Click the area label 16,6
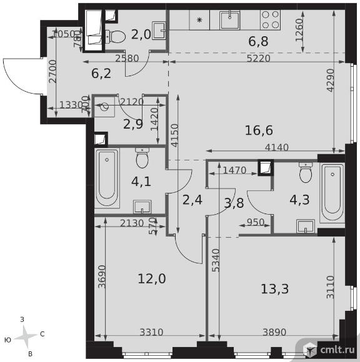[x=259, y=130]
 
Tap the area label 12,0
[x=152, y=278]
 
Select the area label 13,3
[x=274, y=289]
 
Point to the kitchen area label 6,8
[x=258, y=42]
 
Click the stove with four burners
[x=270, y=20]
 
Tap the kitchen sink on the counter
[x=229, y=20]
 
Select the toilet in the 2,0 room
[x=115, y=36]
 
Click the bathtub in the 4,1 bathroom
[x=107, y=177]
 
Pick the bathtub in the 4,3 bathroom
[x=332, y=193]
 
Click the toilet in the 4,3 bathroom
[x=306, y=172]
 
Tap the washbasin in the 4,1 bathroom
[x=142, y=207]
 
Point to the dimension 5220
[x=259, y=59]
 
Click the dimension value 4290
[x=331, y=80]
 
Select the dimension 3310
[x=151, y=333]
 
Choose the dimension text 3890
[x=274, y=333]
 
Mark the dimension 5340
[x=216, y=260]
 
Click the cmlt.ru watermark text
[x=337, y=350]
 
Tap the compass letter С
[x=42, y=334]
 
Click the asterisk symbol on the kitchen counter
[x=199, y=20]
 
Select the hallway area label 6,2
[x=101, y=74]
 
